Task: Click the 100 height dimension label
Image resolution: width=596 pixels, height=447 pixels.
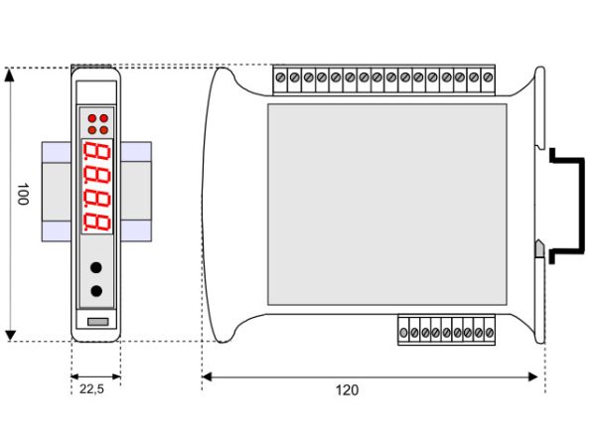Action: (23, 194)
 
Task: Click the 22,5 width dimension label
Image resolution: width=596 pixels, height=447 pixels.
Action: (91, 389)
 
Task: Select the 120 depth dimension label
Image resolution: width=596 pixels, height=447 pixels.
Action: (347, 390)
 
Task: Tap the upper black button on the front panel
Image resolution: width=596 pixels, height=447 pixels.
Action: (96, 267)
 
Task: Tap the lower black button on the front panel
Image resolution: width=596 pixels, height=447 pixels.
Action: (96, 291)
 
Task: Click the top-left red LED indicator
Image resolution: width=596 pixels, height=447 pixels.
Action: (92, 118)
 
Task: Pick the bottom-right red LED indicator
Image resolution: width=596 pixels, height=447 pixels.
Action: (103, 130)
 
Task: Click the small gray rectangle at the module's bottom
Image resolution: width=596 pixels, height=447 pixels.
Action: (98, 322)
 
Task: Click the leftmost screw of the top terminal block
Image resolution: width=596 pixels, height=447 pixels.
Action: (280, 77)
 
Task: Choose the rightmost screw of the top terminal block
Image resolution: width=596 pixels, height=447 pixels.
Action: (488, 77)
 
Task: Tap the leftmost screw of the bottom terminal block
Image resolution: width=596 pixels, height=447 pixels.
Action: (403, 333)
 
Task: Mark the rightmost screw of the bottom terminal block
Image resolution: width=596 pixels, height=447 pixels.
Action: (490, 333)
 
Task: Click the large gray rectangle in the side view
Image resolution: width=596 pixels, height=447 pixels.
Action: (387, 205)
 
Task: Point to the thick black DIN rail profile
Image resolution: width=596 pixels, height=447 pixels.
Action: (581, 206)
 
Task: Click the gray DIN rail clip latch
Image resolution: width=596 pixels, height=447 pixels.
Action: (539, 249)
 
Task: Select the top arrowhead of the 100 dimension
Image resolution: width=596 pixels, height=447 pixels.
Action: (10, 75)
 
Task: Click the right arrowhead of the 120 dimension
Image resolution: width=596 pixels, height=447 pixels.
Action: (533, 376)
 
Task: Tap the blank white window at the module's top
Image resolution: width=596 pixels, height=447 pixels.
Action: (96, 92)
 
